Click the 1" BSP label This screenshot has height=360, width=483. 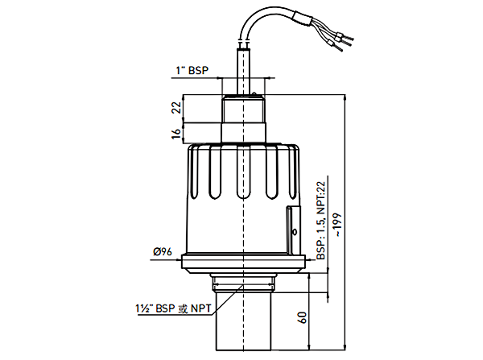[x=191, y=71]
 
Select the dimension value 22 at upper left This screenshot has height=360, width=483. [x=176, y=108]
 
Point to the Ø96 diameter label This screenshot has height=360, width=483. [x=163, y=251]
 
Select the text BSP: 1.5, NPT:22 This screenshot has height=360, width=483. [x=320, y=220]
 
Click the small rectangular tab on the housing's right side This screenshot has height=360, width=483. [x=292, y=229]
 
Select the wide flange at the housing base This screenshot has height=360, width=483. [x=244, y=261]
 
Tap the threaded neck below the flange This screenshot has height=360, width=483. [x=243, y=283]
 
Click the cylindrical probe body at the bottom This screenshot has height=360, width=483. [x=243, y=326]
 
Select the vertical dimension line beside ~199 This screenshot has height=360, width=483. [x=344, y=161]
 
